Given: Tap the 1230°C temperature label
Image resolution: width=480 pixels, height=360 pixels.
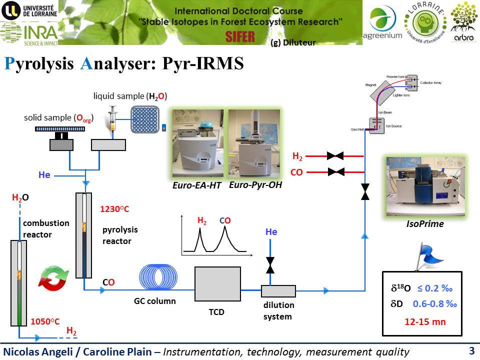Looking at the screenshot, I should point(115,209).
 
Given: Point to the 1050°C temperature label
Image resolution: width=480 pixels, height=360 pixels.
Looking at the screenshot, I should point(46,322).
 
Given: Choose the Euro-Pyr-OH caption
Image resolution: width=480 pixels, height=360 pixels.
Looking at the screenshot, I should point(255,185).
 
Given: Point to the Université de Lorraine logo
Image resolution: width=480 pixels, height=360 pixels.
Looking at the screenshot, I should point(28,10).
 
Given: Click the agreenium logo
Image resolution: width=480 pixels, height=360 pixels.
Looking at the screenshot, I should point(385,23).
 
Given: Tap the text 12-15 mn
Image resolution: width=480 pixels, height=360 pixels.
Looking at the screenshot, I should point(425,321).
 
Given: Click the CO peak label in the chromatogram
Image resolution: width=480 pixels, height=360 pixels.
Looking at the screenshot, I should point(225,220).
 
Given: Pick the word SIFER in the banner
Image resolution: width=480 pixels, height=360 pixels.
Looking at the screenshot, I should point(240,36).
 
